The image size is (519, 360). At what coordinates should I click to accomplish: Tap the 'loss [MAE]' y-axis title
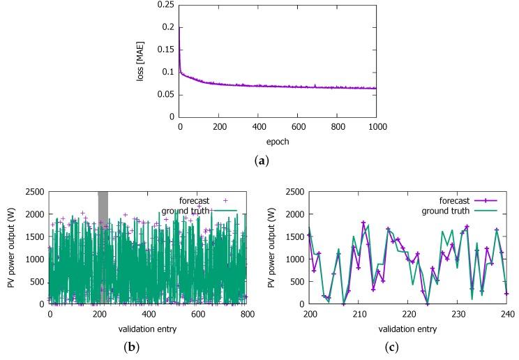[140, 61]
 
